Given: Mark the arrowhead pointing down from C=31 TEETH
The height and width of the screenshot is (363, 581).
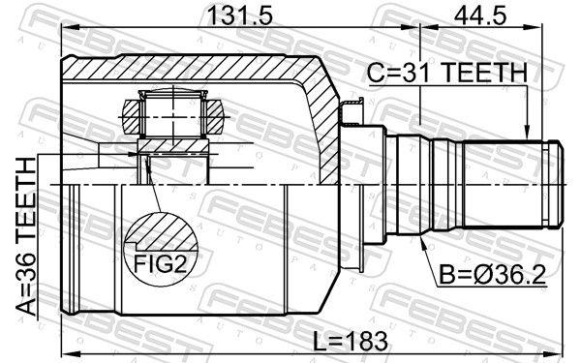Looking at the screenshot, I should (526, 136).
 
